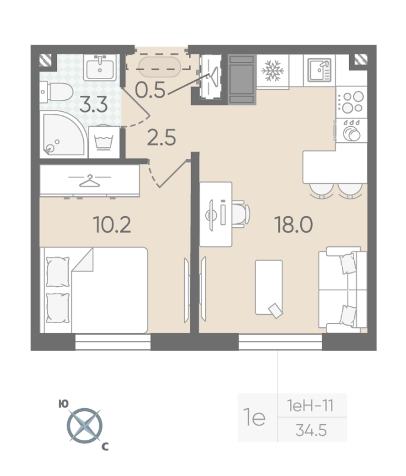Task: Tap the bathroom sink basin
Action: (100, 67)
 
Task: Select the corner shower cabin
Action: (64, 134)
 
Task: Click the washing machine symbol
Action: (104, 142)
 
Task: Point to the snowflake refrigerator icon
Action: (273, 71)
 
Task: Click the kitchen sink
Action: (319, 70)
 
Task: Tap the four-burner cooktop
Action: (351, 102)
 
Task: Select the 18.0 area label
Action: (293, 225)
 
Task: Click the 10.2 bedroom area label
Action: (112, 225)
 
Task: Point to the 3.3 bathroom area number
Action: (94, 105)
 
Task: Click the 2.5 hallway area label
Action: (161, 137)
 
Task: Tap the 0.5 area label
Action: (150, 90)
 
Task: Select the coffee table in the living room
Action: (269, 287)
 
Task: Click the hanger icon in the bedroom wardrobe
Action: (89, 181)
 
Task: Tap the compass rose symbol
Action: (84, 425)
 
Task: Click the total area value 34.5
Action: (311, 430)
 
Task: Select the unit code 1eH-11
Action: (310, 406)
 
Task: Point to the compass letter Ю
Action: (64, 404)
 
